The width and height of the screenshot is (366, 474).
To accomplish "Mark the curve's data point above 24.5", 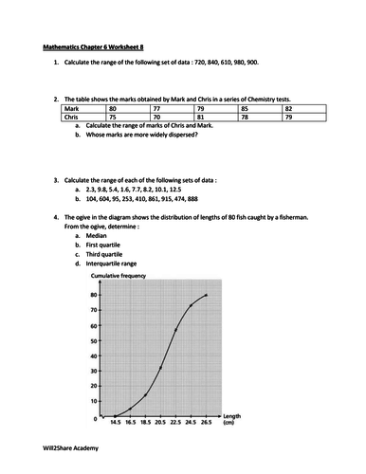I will (191, 305).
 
